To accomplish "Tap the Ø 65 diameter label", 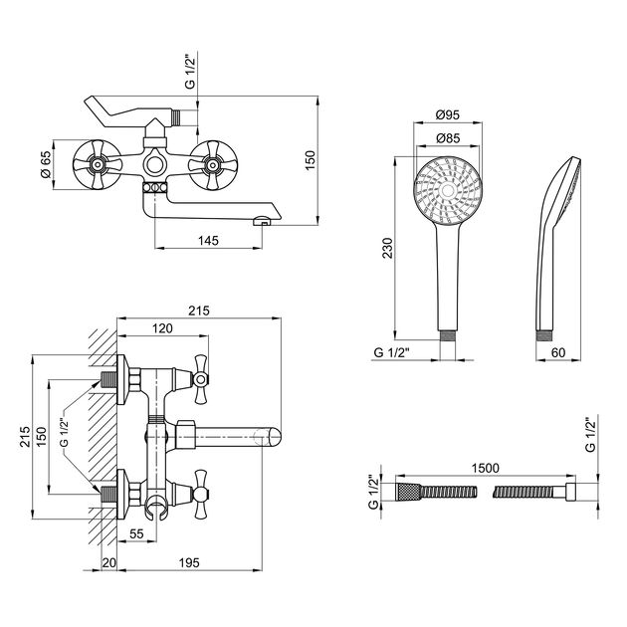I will click(46, 163).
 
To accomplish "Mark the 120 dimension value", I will click(162, 328).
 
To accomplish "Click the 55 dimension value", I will click(136, 534).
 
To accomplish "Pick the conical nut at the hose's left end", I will click(405, 493).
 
